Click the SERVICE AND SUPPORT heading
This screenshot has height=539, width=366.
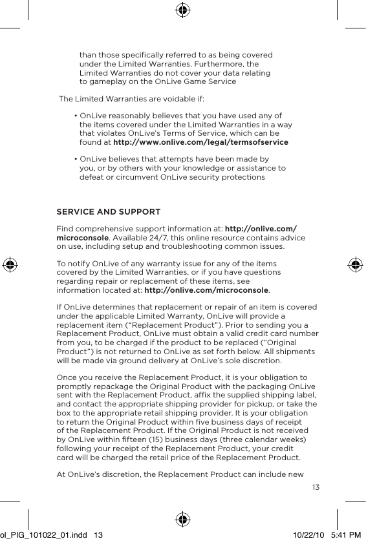tap(109, 213)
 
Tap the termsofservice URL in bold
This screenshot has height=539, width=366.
tap(200, 142)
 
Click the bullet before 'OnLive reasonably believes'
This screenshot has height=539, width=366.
tap(76, 115)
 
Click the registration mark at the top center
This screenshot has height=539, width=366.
tap(183, 10)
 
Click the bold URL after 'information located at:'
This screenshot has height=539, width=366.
tap(206, 290)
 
